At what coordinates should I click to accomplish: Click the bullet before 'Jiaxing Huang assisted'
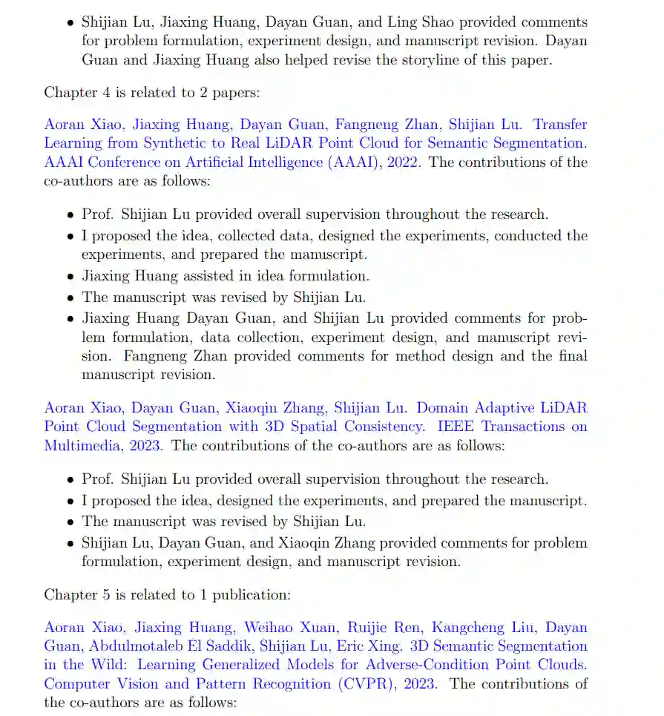coord(70,277)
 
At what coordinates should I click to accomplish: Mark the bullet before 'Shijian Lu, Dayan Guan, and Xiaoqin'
coord(70,543)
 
